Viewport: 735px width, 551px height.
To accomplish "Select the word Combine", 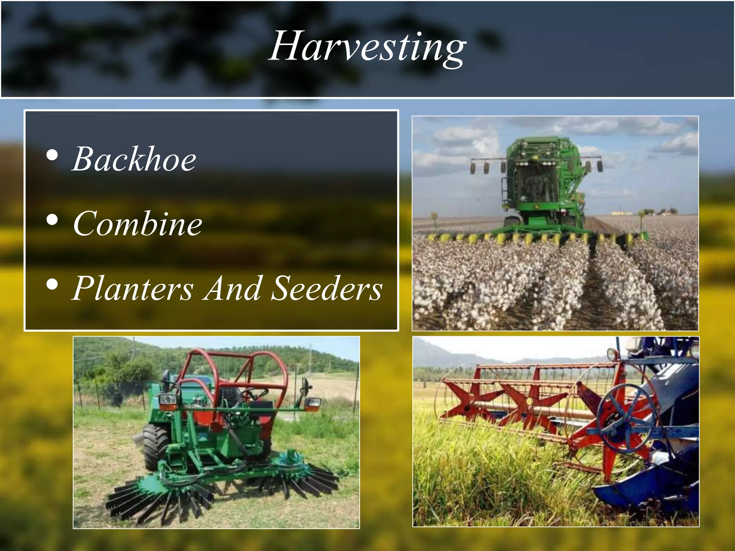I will point(137,223).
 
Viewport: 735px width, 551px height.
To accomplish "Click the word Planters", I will point(133,288).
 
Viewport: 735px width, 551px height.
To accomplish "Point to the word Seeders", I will point(326,288).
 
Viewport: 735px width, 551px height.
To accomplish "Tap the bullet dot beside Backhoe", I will point(52,155).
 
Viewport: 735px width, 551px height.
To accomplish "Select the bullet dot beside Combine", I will point(52,220).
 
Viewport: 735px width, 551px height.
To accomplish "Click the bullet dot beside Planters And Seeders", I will point(52,284).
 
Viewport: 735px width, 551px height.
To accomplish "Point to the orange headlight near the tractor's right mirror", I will point(313,404).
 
